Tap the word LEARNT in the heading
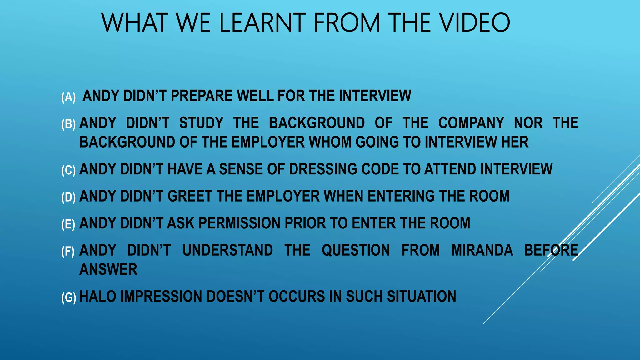(262, 22)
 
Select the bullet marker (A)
(68, 97)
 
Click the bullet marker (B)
(68, 124)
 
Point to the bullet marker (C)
(68, 170)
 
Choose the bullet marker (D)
(68, 197)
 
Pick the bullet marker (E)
(68, 224)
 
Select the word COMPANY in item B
(471, 123)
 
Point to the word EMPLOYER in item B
(268, 142)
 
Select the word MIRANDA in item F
(482, 250)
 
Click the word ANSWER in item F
(108, 269)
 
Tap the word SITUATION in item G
(421, 296)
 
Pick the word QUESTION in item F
(356, 250)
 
